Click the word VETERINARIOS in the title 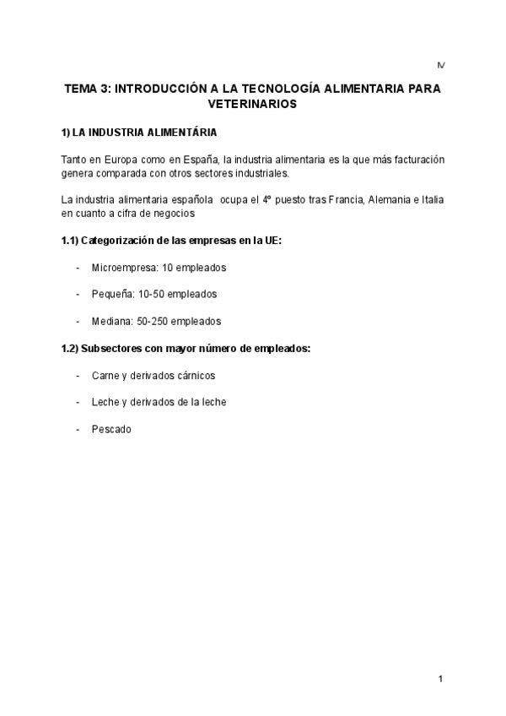pos(252,105)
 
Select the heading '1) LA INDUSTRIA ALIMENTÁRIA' pos(139,133)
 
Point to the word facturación pos(413,160)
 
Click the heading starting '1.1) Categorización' pos(171,241)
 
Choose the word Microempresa pos(125,268)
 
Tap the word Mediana pos(110,321)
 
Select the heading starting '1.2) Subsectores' pos(186,348)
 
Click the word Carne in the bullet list pos(105,375)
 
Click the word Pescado pos(111,429)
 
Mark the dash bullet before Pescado pos(78,429)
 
